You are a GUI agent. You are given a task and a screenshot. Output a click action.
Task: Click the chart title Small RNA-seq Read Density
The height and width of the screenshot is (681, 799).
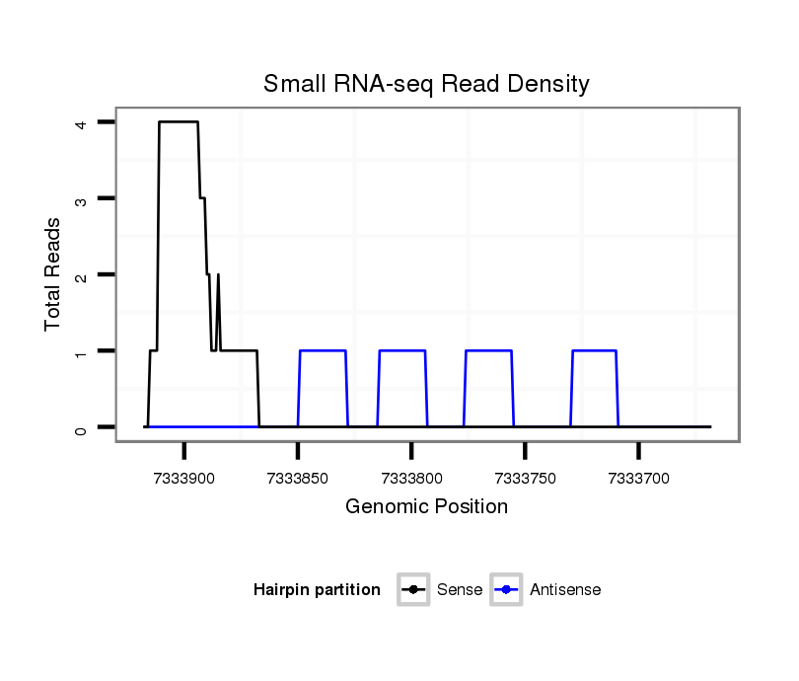426,84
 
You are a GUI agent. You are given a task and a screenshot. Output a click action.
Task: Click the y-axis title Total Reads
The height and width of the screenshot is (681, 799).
53,273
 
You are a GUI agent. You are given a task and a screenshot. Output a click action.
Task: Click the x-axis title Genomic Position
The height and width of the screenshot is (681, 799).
426,507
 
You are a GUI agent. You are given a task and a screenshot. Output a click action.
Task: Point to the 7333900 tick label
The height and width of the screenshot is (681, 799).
184,479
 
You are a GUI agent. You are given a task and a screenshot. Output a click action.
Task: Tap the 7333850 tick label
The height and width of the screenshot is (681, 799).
298,479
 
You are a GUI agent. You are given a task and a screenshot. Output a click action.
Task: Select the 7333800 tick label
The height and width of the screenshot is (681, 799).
411,479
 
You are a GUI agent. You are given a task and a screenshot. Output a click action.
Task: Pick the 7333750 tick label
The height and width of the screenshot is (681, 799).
525,479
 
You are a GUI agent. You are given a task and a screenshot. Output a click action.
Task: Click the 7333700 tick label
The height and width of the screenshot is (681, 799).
639,479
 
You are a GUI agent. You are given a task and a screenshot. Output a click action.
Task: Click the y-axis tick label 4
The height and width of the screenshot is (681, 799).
81,122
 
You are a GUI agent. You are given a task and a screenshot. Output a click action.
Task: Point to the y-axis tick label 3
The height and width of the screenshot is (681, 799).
81,198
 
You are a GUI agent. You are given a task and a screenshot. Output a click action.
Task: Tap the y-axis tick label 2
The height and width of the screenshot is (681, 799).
81,274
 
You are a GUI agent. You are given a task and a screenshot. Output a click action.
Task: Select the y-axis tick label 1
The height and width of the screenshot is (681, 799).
81,350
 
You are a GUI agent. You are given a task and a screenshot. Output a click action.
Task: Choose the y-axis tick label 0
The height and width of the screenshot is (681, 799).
81,427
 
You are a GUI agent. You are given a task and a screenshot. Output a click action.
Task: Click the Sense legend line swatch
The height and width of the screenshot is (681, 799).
413,590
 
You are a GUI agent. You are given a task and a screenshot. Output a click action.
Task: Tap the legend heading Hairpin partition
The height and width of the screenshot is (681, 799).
317,590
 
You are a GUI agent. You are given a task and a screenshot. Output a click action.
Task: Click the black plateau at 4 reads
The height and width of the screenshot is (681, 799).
179,121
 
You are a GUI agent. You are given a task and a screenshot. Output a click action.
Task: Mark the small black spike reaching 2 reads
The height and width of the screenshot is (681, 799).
218,275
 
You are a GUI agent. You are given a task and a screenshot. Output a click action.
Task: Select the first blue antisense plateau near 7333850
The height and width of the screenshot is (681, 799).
323,350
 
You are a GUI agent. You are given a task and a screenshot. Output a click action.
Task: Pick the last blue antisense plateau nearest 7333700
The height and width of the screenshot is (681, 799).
594,350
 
